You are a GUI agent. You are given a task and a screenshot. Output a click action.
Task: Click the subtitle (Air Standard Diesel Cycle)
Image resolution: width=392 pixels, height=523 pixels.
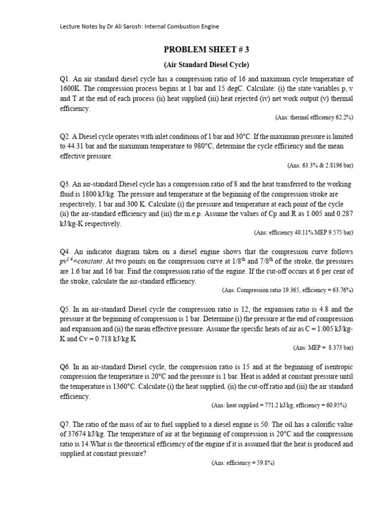206,65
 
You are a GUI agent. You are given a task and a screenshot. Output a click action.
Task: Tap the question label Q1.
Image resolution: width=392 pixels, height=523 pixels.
65,79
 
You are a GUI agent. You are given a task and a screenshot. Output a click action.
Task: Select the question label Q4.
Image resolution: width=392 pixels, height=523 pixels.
65,252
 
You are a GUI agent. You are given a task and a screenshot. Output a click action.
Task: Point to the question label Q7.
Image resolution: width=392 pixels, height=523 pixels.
65,424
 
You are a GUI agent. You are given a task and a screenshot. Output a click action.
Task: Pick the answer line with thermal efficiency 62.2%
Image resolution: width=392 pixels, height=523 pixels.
314,117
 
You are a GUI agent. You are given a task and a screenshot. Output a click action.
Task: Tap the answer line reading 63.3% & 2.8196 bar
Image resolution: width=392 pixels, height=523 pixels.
320,165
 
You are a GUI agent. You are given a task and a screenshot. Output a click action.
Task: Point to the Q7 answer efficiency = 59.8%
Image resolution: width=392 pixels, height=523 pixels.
243,463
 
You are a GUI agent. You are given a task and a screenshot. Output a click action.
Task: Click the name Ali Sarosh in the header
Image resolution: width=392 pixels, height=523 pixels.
121,26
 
